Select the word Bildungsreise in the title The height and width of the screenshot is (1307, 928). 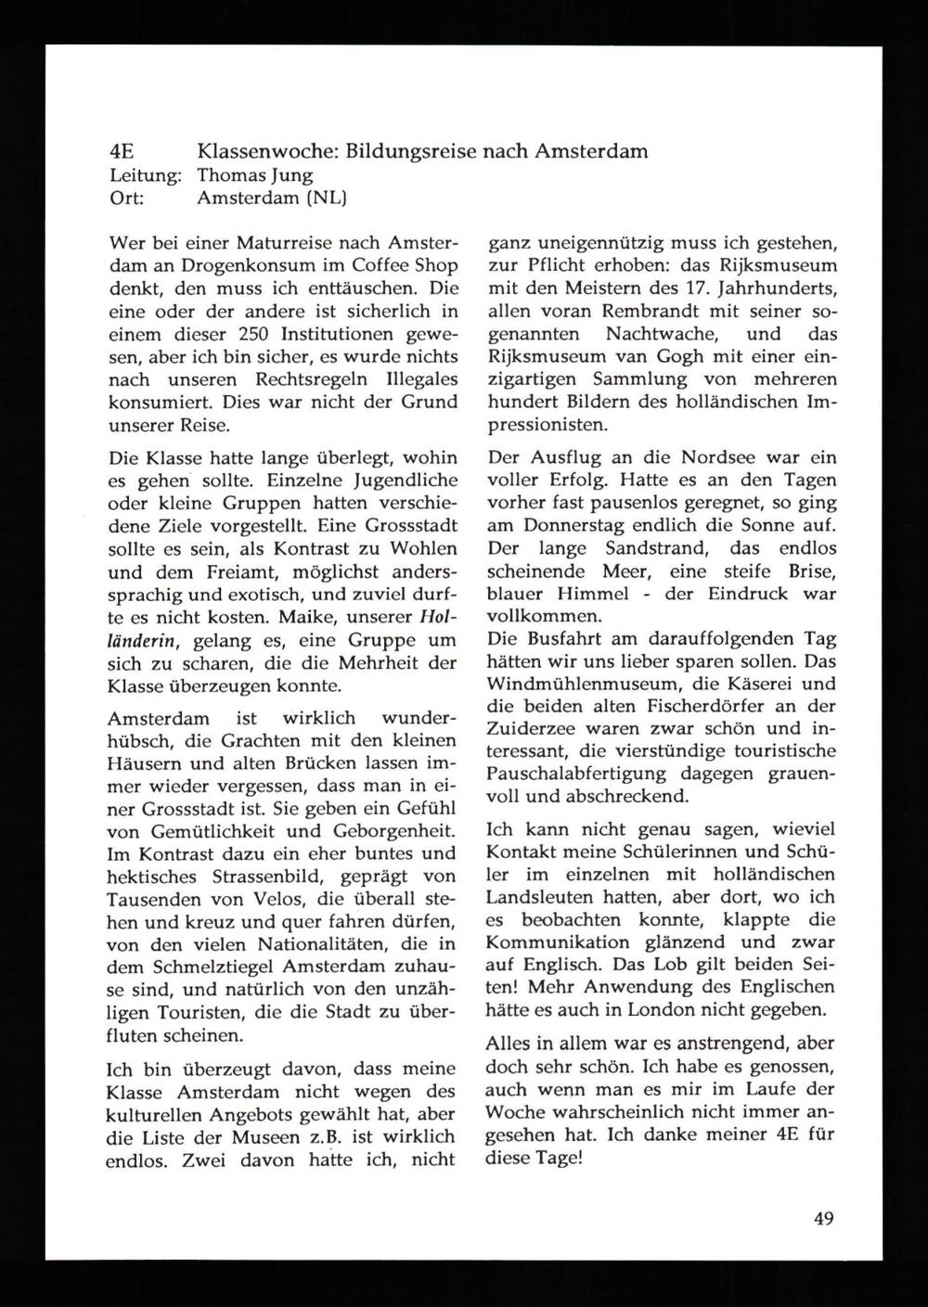(x=406, y=150)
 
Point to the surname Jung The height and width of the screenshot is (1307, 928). (x=289, y=175)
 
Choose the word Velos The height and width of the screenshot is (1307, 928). (x=316, y=899)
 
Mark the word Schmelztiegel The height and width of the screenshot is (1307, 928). (x=189, y=967)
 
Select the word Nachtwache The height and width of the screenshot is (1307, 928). (x=656, y=334)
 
